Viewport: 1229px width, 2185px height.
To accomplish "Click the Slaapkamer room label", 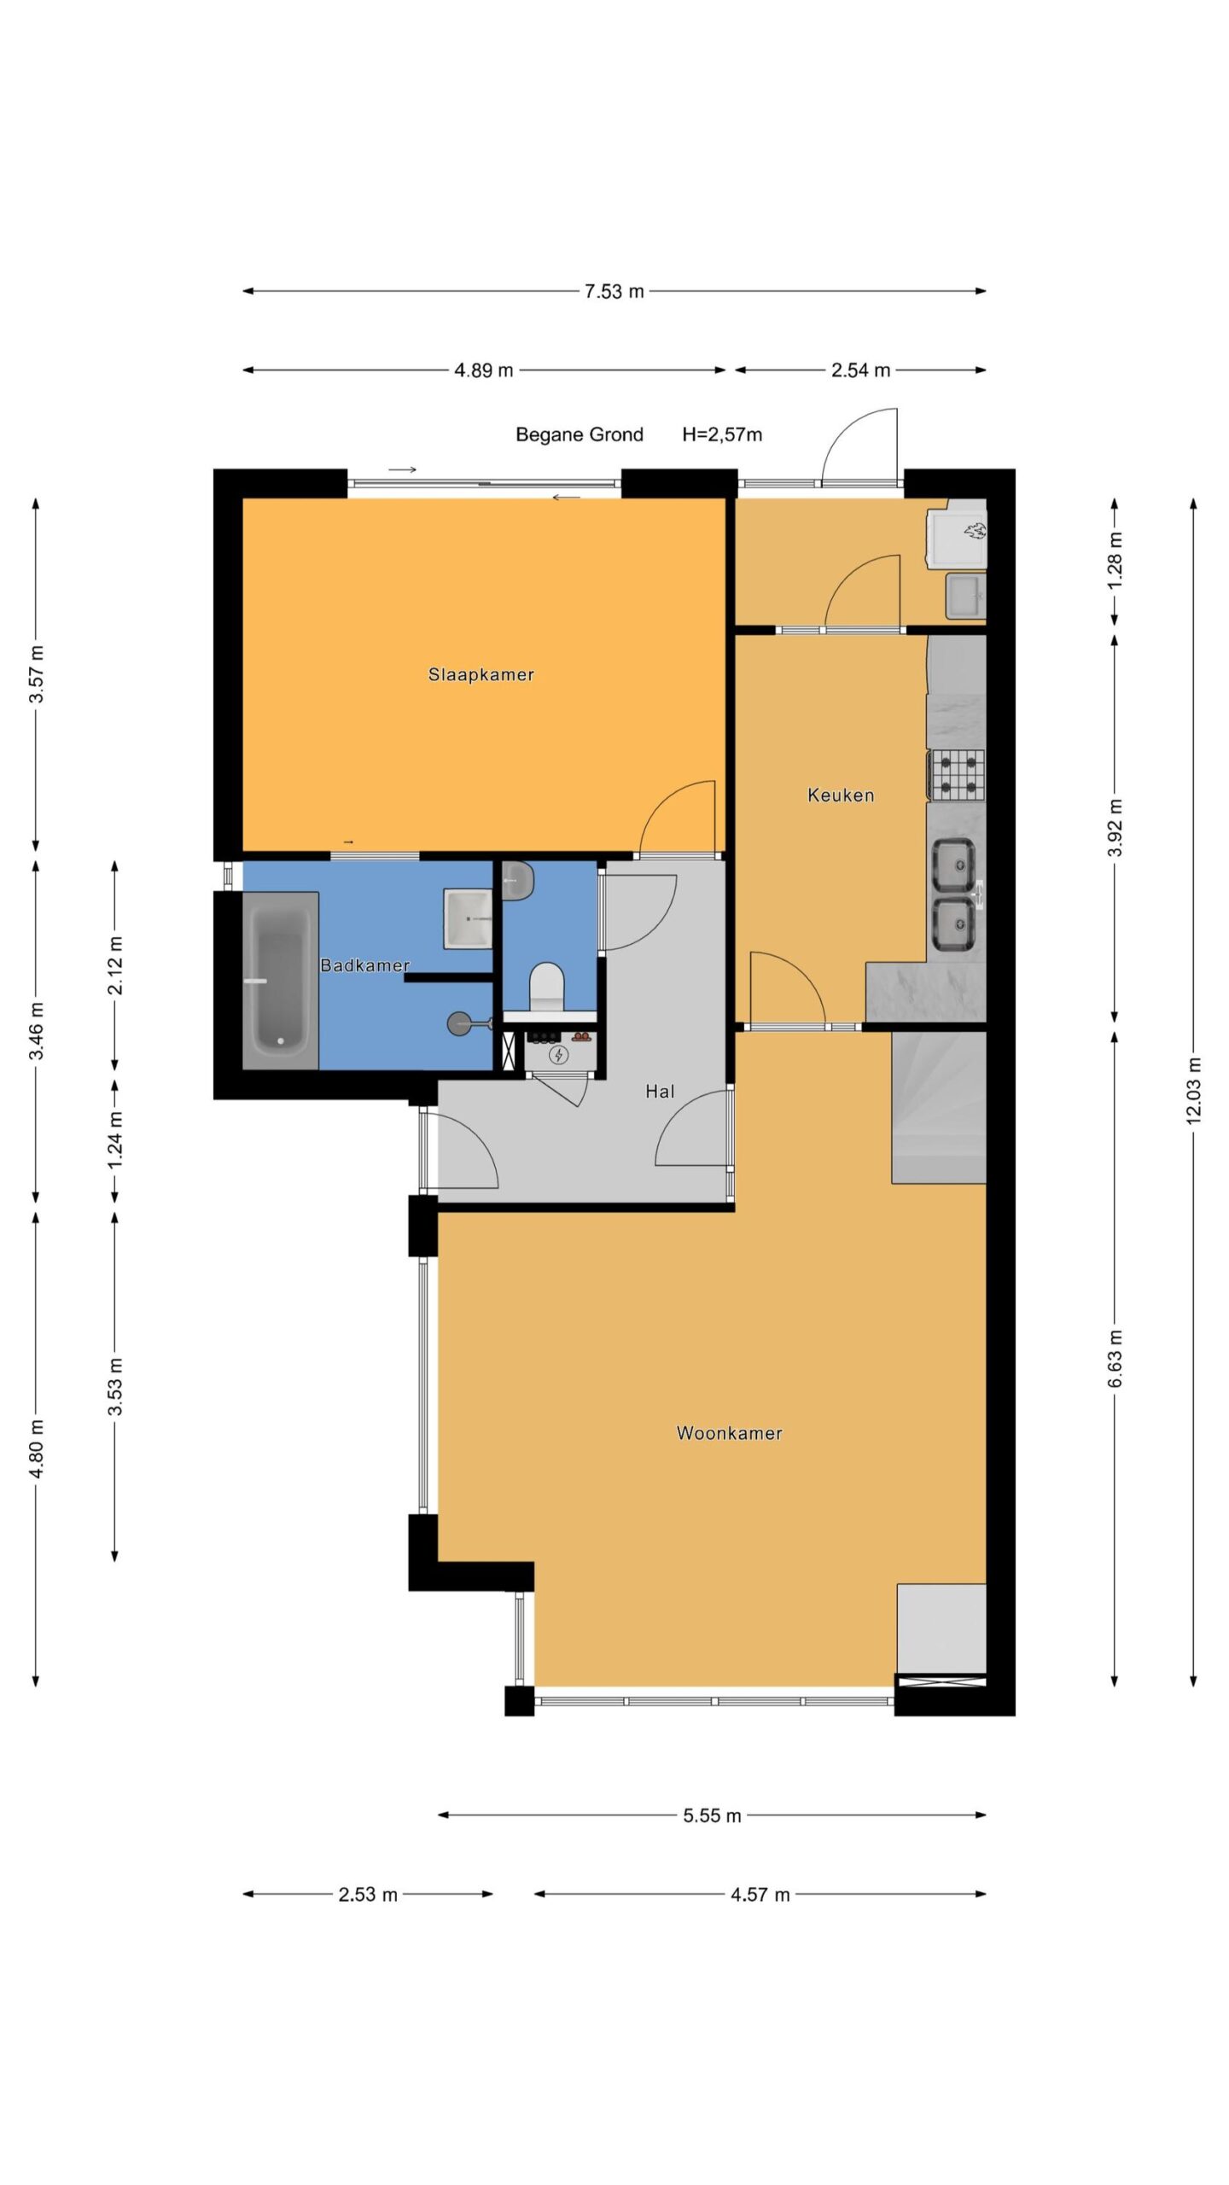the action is [x=481, y=674].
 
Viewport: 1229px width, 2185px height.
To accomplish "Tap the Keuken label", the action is [x=841, y=795].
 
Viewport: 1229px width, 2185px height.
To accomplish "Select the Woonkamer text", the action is [x=729, y=1433].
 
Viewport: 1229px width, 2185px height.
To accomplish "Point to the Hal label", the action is [x=660, y=1091].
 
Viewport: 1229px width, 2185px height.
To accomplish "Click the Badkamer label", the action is [x=364, y=965].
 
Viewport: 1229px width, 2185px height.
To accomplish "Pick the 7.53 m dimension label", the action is [x=614, y=291].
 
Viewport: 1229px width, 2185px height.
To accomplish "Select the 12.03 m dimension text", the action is [x=1193, y=1091].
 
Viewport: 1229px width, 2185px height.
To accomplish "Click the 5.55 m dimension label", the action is [x=712, y=1815].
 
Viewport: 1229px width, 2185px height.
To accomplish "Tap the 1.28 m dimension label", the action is [x=1115, y=559].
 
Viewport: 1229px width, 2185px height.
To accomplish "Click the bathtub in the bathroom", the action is [x=281, y=981].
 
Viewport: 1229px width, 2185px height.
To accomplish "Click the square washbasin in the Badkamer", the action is [x=468, y=918].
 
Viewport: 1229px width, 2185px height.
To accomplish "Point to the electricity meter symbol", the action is [x=559, y=1056].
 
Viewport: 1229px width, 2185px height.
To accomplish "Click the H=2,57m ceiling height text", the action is [x=722, y=434].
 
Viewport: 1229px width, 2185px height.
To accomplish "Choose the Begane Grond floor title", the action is [x=580, y=434].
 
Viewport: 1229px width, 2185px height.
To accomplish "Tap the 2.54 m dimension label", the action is [x=860, y=370].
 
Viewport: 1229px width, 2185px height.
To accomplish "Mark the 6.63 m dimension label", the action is [x=1115, y=1358].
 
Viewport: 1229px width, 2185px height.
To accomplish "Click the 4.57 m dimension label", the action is [x=760, y=1894].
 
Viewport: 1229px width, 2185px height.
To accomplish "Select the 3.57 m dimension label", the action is [x=36, y=674].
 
